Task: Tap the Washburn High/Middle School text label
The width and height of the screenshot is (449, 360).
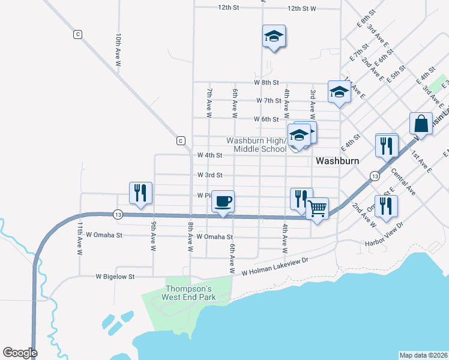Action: coord(256,145)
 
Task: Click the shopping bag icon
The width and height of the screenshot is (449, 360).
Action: coord(421,124)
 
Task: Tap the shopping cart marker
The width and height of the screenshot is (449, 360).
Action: coord(318,209)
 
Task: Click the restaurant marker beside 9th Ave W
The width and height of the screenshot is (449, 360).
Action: coord(140,193)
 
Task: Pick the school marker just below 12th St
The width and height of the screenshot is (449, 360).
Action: coord(274,36)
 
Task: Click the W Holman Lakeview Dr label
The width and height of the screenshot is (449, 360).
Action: coord(274,266)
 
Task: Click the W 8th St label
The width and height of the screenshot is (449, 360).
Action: coord(267,82)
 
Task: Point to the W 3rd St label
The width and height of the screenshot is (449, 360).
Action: coord(210,175)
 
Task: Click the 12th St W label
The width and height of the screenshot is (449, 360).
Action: coord(301,8)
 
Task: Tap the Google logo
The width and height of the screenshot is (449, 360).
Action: coord(20,353)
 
